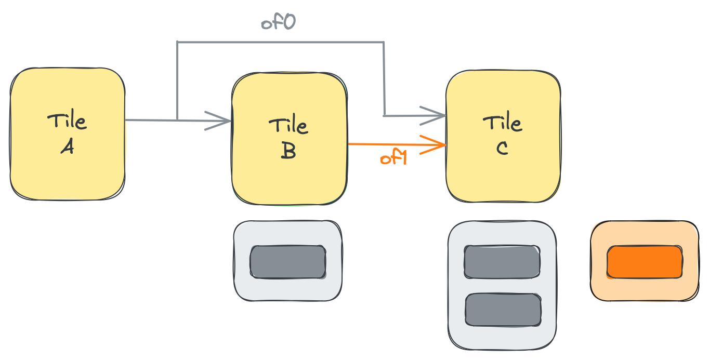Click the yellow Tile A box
point(68,134)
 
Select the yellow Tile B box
point(290,139)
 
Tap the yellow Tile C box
point(503,136)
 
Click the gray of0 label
point(278,22)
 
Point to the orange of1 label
point(393,157)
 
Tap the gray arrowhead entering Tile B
point(218,121)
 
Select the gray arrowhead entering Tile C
point(432,116)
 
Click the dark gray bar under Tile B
point(288,262)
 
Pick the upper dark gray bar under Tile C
point(502,262)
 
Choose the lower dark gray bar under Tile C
point(503,310)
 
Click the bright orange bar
point(645,262)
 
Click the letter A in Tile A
point(68,146)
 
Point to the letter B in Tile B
point(288,150)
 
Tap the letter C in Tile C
point(502,148)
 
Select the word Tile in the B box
point(288,124)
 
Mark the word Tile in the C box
point(503,121)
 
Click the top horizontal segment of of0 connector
point(281,42)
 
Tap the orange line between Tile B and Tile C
point(397,144)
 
